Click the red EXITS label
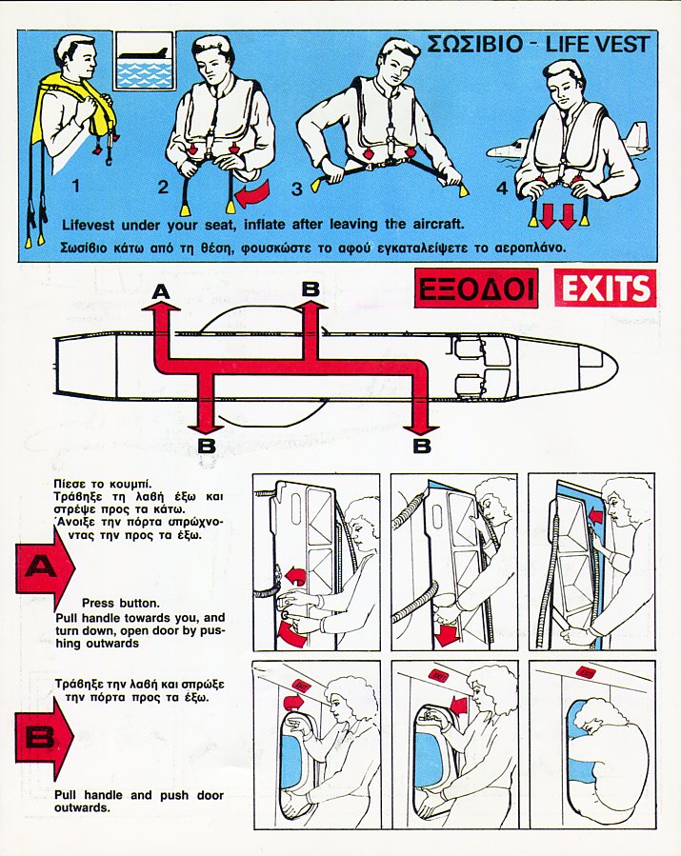pyautogui.click(x=605, y=288)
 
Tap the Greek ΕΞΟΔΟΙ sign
pyautogui.click(x=475, y=289)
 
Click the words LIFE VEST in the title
pyautogui.click(x=597, y=45)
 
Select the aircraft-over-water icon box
pyautogui.click(x=145, y=60)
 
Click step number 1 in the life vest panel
pyautogui.click(x=76, y=187)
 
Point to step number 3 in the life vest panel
pyautogui.click(x=296, y=189)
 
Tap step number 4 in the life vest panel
pyautogui.click(x=502, y=189)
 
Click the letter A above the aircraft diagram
pyautogui.click(x=161, y=292)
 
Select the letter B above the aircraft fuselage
pyautogui.click(x=310, y=289)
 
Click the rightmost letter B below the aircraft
pyautogui.click(x=422, y=446)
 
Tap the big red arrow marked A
pyautogui.click(x=45, y=568)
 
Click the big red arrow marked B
pyautogui.click(x=44, y=739)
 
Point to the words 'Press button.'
pyautogui.click(x=121, y=604)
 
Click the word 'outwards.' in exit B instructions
pyautogui.click(x=82, y=807)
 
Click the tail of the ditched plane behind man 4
pyautogui.click(x=635, y=136)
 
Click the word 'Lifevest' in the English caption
pyautogui.click(x=89, y=225)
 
